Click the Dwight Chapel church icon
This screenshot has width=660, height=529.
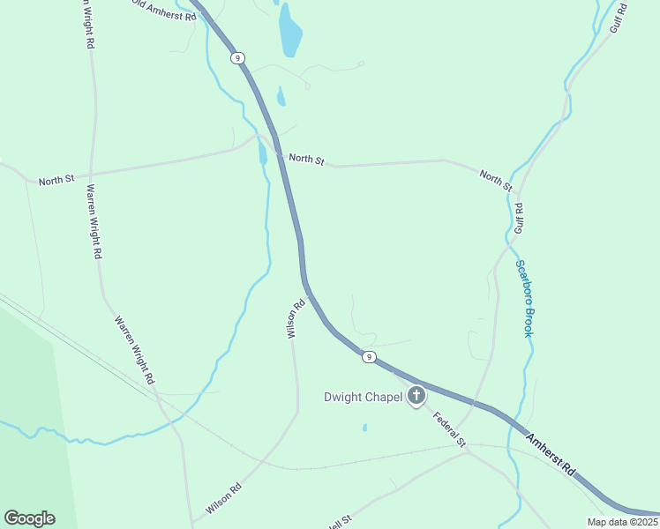416,397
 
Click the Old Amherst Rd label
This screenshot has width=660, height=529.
164,11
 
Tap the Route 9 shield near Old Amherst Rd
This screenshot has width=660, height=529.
237,57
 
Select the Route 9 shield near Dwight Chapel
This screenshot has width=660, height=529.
369,357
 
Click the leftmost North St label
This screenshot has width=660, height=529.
56,181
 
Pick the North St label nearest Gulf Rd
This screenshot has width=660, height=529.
496,181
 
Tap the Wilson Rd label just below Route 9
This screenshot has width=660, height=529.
295,318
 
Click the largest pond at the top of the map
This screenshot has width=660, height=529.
289,31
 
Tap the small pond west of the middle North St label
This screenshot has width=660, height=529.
262,153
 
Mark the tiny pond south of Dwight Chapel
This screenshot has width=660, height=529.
364,428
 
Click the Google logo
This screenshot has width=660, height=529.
29,518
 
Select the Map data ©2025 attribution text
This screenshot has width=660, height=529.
622,522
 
